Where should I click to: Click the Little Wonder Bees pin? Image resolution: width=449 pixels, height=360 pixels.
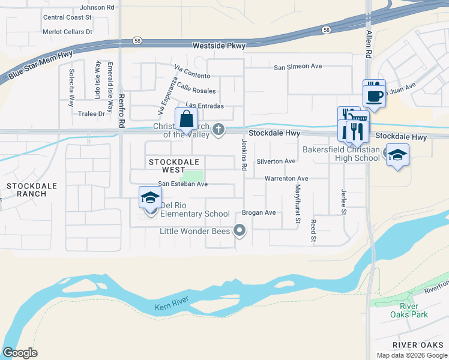tap(240, 230)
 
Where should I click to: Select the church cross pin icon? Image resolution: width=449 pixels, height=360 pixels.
tap(220, 128)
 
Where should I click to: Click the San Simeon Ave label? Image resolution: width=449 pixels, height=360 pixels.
tap(298, 67)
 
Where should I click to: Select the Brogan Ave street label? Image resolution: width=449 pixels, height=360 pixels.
tap(259, 212)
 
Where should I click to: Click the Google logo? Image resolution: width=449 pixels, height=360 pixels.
tap(20, 353)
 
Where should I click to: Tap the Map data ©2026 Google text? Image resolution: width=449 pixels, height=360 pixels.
tap(411, 355)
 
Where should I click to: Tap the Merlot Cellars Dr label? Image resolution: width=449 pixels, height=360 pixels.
tap(68, 31)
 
